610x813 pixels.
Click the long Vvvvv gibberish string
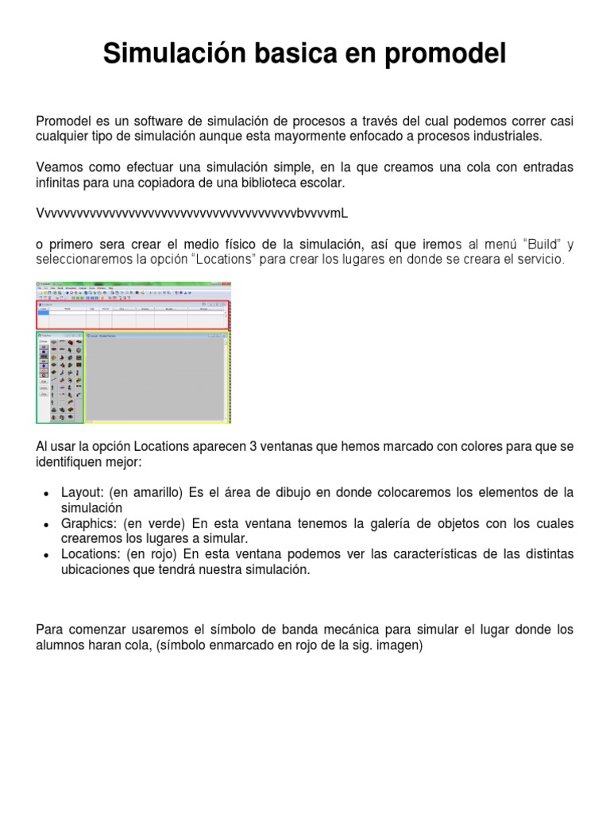[x=191, y=214]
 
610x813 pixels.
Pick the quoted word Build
[x=540, y=244]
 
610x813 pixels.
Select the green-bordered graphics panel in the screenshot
[x=60, y=377]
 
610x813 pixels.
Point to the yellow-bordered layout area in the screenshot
[x=157, y=377]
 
